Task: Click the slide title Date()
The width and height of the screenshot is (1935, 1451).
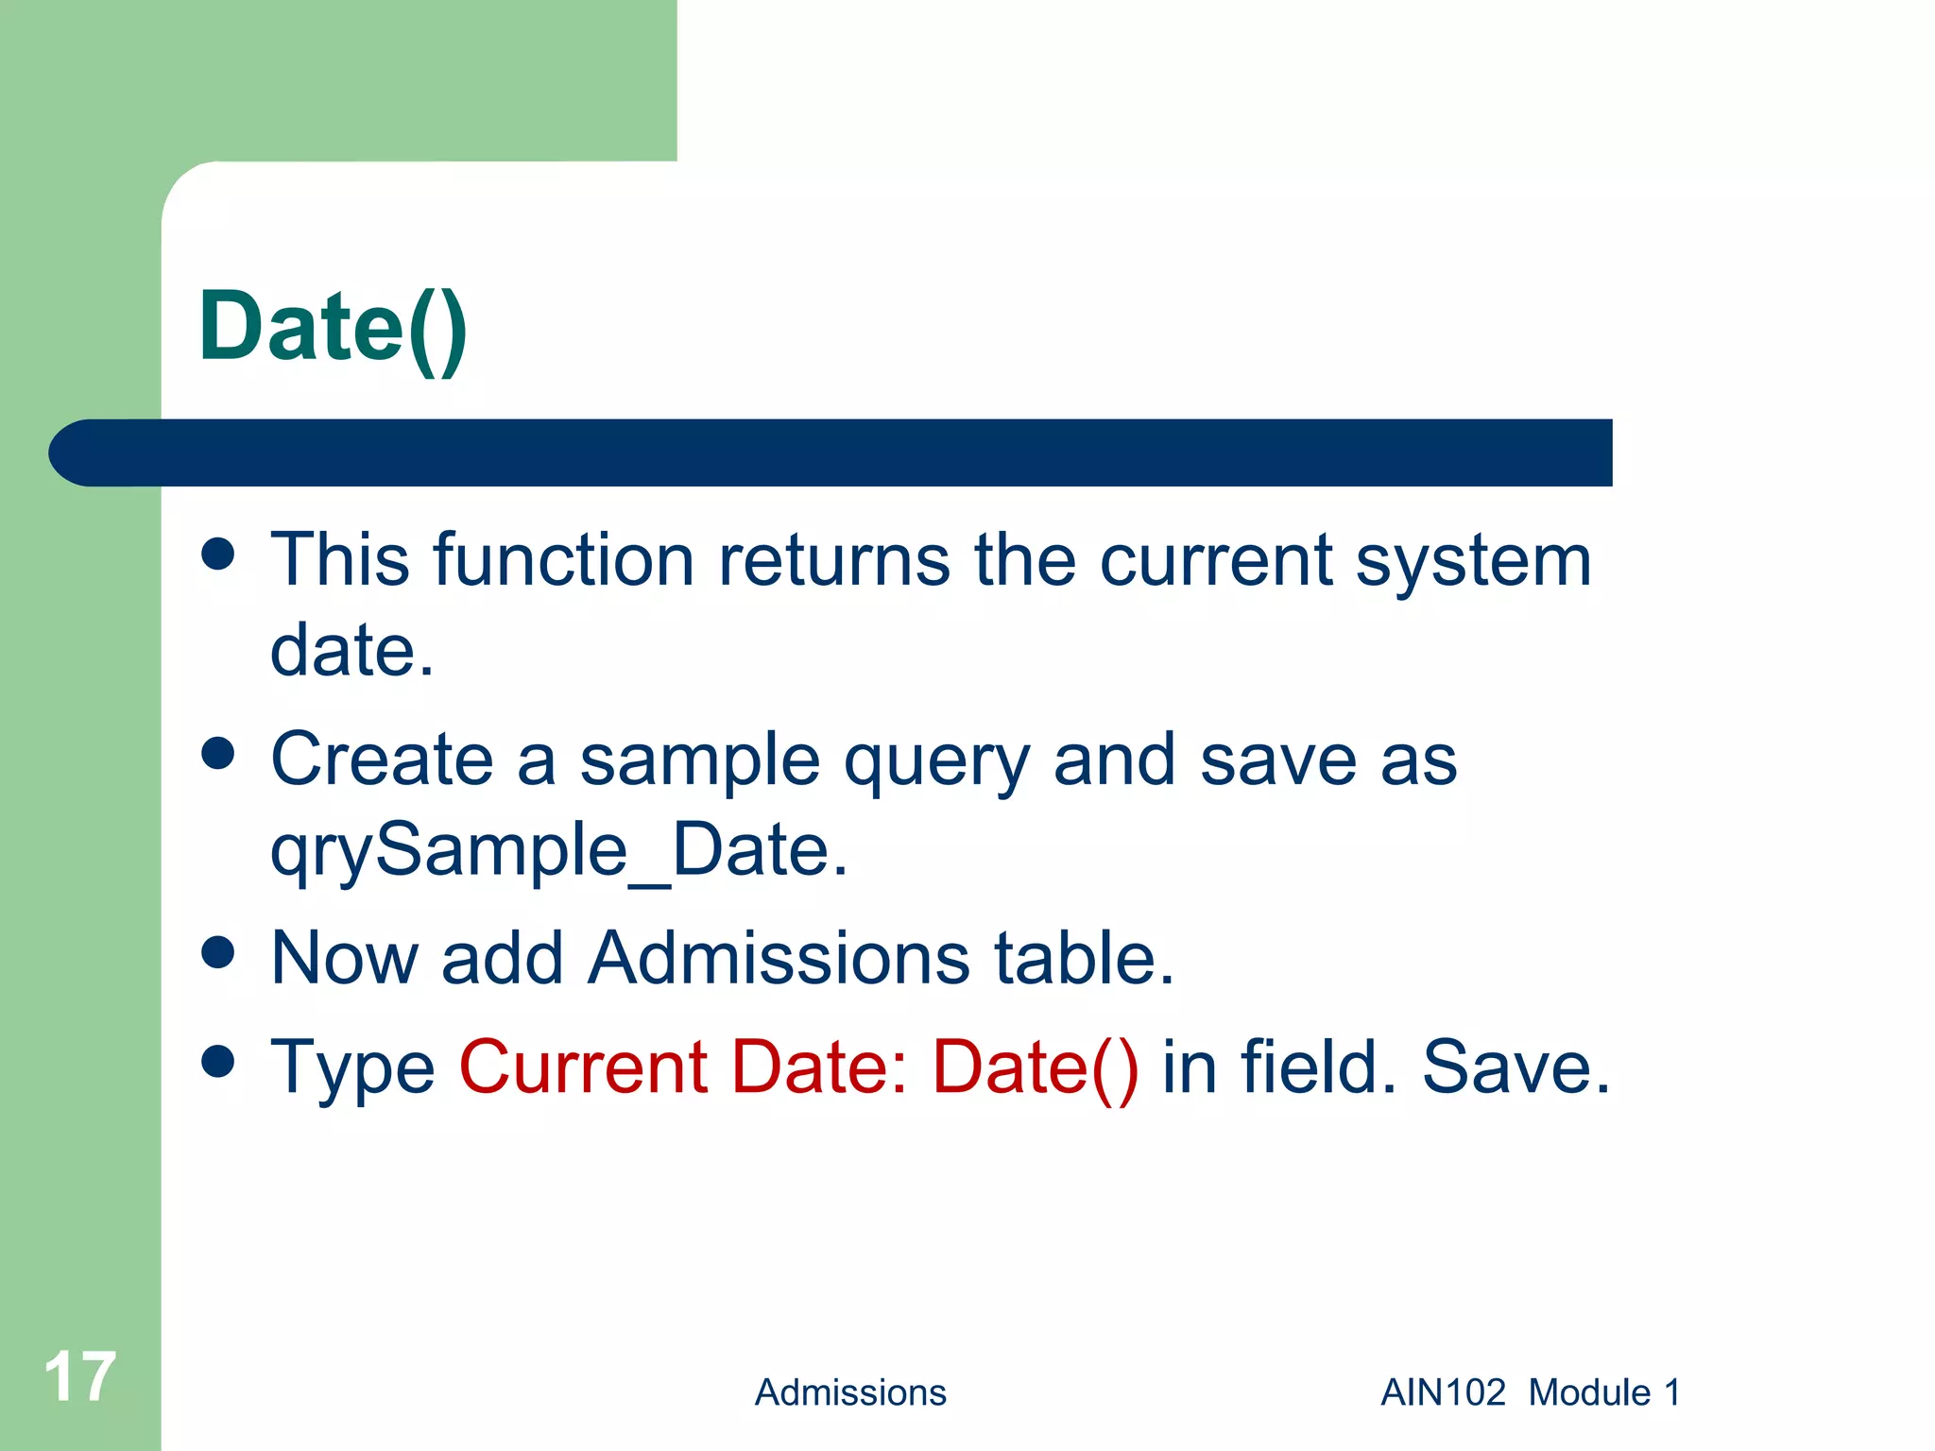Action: [333, 327]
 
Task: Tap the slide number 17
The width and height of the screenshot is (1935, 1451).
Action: [79, 1376]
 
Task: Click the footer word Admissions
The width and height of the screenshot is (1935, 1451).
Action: [849, 1392]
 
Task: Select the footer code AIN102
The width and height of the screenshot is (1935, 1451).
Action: [1443, 1392]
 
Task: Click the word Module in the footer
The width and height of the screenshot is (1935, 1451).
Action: [1589, 1392]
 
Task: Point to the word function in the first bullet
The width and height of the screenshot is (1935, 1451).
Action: [564, 560]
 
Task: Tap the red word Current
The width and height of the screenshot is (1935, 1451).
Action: [583, 1067]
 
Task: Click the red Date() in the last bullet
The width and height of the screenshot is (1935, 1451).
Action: [1035, 1068]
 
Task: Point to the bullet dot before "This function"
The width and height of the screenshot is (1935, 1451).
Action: [218, 555]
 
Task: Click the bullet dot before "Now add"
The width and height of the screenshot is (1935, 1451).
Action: [218, 952]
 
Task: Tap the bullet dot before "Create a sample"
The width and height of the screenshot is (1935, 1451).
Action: [218, 754]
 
